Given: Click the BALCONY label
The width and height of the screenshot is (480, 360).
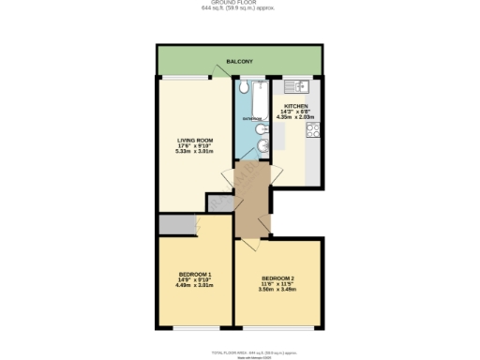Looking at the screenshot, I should [239, 60].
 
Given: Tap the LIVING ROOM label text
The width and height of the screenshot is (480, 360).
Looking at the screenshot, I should [195, 140].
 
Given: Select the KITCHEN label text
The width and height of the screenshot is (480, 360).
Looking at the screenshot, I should [296, 107].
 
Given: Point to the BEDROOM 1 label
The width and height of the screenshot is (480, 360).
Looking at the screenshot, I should [195, 275].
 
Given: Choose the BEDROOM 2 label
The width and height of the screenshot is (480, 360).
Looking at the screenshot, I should [277, 278].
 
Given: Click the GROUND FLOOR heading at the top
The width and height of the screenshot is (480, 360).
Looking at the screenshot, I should [239, 3].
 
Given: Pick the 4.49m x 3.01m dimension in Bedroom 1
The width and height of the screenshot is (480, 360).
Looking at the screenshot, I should [195, 285].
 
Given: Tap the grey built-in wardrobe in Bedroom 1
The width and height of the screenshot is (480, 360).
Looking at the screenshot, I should [174, 224].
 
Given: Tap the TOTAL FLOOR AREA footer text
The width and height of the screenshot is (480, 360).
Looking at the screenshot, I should [239, 351].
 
